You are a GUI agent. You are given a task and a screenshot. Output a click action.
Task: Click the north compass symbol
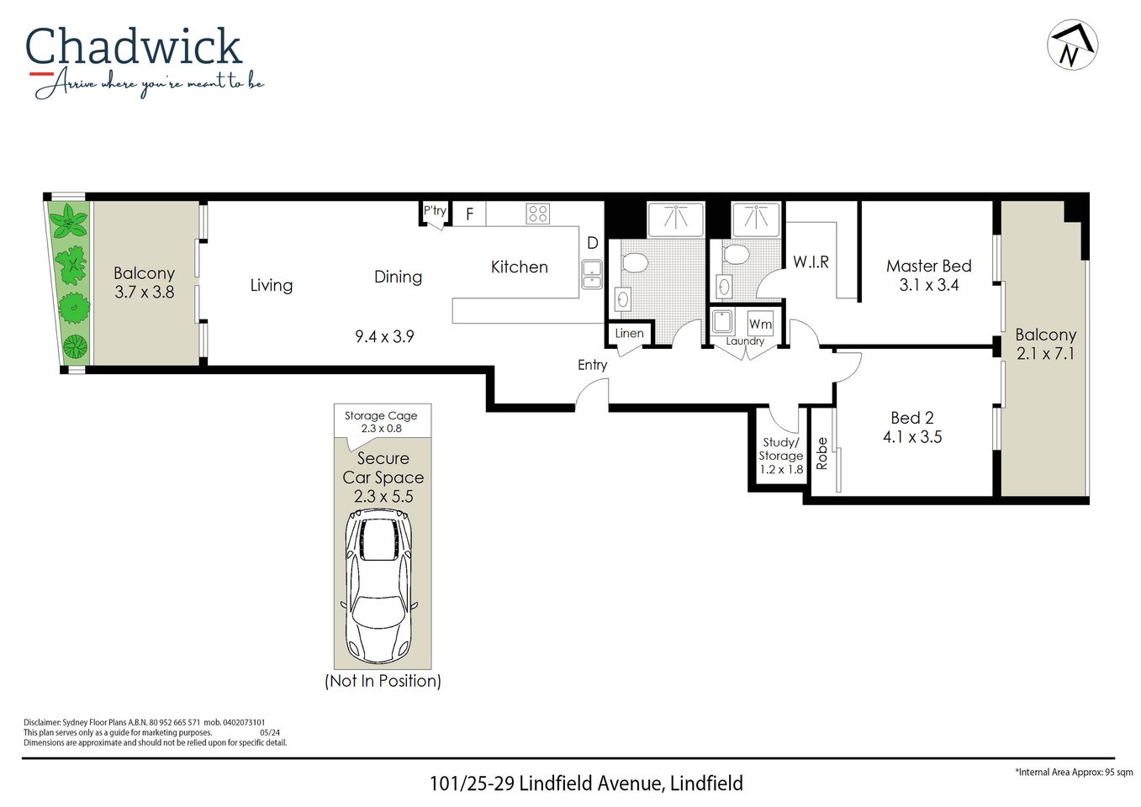(x=1072, y=45)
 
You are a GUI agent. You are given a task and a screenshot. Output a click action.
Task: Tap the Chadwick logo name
(x=134, y=47)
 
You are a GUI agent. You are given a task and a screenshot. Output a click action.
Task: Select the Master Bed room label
(x=928, y=266)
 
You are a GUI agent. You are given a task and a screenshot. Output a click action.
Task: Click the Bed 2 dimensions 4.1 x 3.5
(x=911, y=437)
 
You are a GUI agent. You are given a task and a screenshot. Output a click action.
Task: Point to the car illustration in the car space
(x=378, y=588)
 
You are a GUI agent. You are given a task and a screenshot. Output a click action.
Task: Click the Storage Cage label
(x=381, y=415)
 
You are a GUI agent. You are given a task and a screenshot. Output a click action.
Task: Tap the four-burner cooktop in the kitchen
(x=537, y=214)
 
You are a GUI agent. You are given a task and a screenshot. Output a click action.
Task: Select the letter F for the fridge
(x=469, y=214)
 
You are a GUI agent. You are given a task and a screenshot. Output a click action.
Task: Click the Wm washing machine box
(x=760, y=324)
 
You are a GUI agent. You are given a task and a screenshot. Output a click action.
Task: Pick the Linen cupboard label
(x=629, y=333)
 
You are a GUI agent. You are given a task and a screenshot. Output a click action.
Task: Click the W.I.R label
(x=811, y=262)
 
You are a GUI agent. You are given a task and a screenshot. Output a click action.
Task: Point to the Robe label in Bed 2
(x=822, y=453)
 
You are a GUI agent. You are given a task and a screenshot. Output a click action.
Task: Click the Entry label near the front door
(x=592, y=365)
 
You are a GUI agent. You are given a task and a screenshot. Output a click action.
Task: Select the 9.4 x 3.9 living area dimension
(x=384, y=336)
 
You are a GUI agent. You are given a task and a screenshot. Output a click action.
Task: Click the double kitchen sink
(x=592, y=274)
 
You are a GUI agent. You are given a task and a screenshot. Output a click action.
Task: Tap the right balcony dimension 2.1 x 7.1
(x=1045, y=354)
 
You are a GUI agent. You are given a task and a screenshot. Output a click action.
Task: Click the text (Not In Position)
(x=383, y=681)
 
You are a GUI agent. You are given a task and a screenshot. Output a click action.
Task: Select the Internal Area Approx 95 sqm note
(x=1074, y=772)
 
